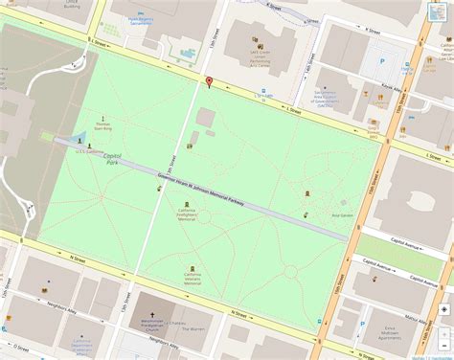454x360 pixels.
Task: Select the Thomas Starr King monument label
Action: pos(103,126)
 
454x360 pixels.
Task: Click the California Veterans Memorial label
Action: pos(193,280)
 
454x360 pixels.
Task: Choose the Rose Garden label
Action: pos(342,214)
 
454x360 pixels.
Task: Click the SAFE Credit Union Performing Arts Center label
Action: pos(261,58)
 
